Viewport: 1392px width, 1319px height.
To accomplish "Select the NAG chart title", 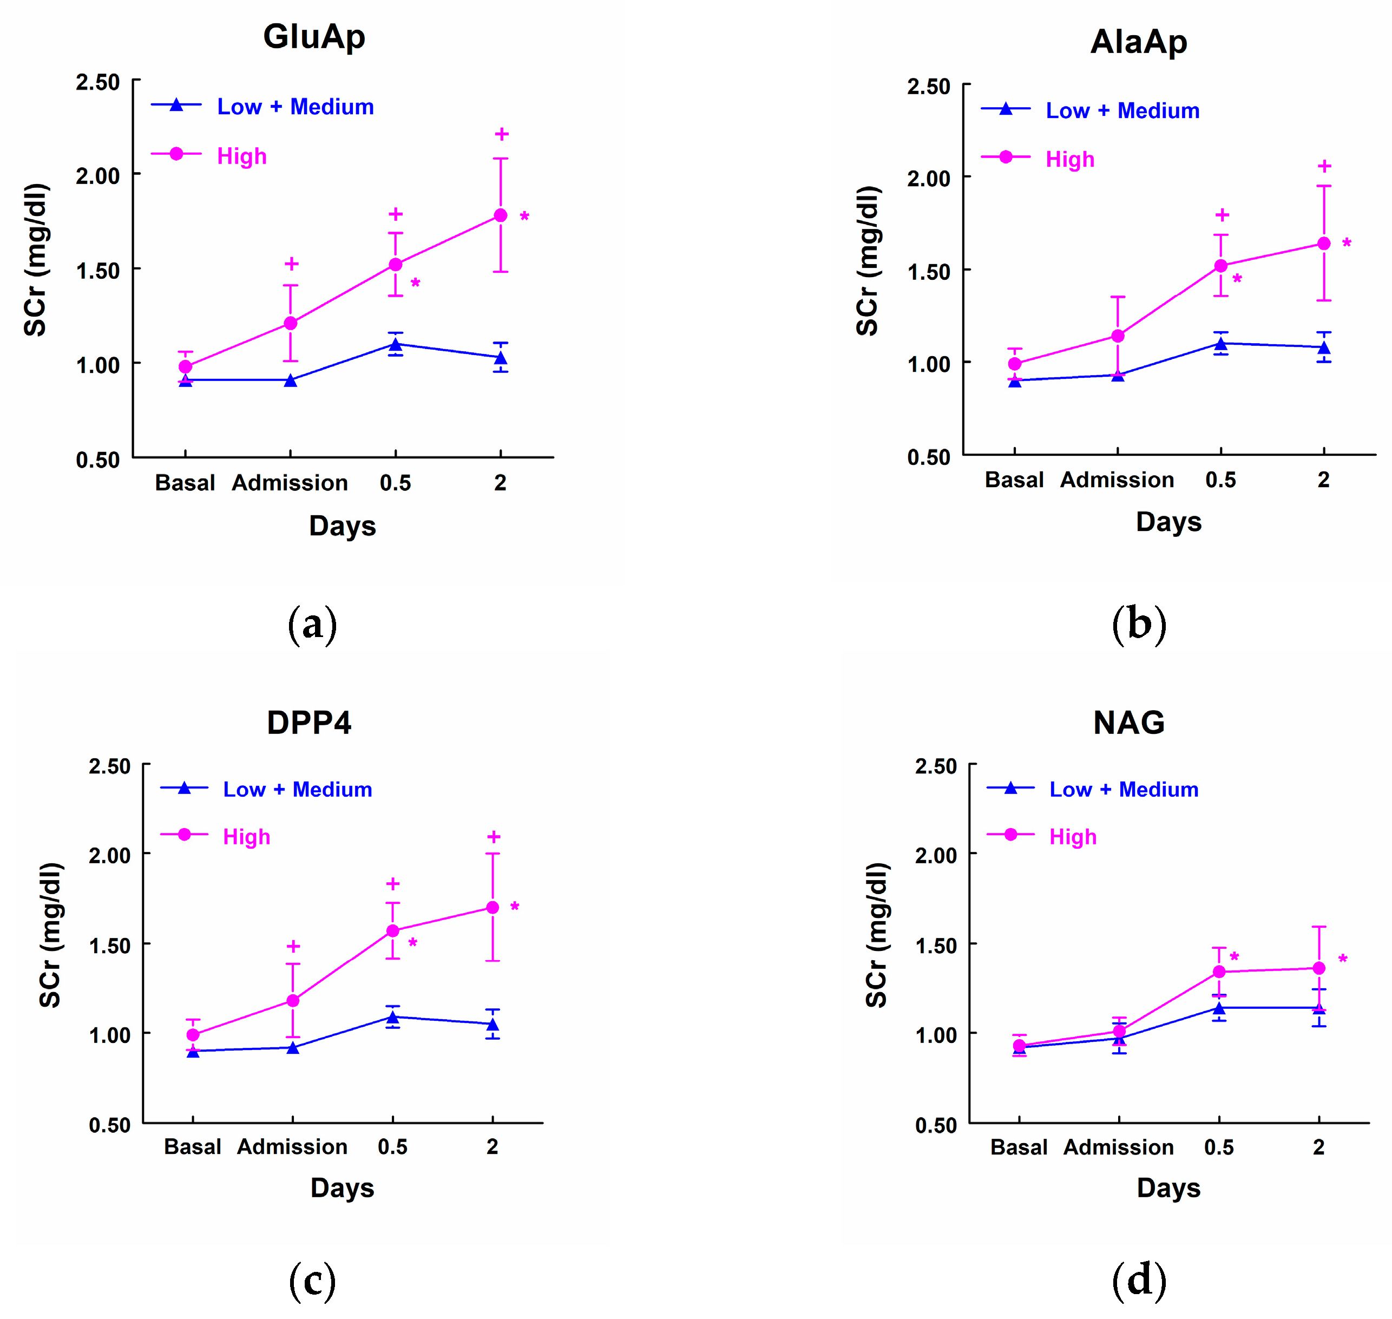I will tap(1129, 722).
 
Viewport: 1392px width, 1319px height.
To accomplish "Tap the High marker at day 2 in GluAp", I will tap(501, 215).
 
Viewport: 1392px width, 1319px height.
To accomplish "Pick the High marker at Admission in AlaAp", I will tap(1117, 336).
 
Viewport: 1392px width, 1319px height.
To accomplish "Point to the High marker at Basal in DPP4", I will tap(193, 1035).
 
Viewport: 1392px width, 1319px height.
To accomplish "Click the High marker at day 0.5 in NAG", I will tap(1219, 972).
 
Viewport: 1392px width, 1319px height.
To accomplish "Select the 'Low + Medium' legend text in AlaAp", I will tap(1122, 110).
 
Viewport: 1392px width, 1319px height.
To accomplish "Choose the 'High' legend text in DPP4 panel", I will tap(246, 837).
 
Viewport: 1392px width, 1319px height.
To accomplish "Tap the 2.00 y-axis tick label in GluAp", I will tap(98, 176).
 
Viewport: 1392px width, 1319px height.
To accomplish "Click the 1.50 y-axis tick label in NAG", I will tap(936, 946).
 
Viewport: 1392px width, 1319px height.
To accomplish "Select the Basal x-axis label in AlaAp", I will tap(1014, 480).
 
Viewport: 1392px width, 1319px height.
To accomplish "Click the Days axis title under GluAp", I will tap(343, 526).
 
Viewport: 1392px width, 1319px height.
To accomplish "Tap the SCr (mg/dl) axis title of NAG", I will tap(877, 935).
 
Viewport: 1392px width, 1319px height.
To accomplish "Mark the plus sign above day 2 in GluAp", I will tap(501, 134).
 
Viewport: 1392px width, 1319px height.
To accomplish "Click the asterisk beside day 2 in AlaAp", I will tap(1347, 243).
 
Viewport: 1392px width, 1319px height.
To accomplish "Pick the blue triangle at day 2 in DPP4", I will tap(493, 1025).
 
